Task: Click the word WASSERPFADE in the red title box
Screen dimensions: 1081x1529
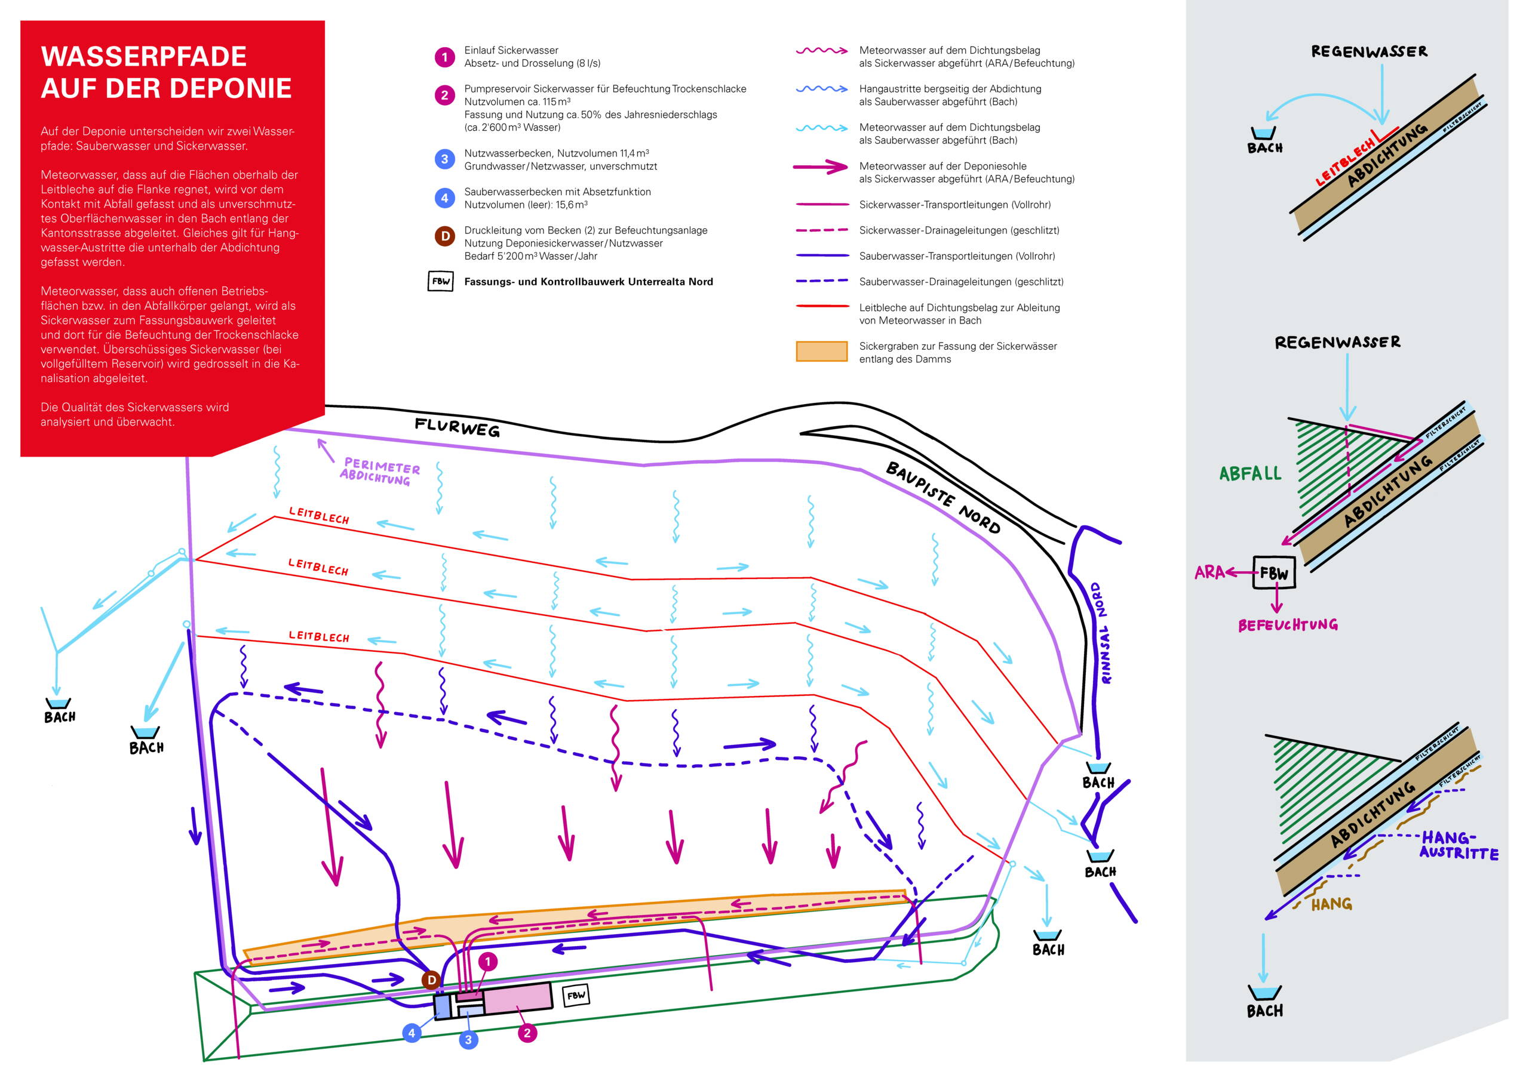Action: tap(143, 57)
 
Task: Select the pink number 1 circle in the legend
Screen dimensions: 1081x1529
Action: tap(444, 57)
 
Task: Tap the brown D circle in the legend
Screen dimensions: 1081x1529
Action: tap(444, 236)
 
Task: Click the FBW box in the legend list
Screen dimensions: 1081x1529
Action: tap(440, 282)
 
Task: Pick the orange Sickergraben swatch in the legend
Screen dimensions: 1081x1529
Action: tap(821, 352)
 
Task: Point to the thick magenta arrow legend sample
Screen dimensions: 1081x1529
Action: tap(821, 167)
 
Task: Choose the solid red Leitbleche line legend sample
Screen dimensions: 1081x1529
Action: tap(822, 307)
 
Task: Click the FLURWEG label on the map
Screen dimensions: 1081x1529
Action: tap(457, 427)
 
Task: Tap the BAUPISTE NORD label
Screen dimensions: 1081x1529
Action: tap(942, 497)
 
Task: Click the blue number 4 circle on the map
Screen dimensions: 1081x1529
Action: tap(412, 1033)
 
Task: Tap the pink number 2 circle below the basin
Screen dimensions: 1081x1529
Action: tap(527, 1033)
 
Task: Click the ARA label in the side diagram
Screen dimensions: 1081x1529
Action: tap(1209, 572)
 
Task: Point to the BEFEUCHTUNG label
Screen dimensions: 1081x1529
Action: tap(1288, 625)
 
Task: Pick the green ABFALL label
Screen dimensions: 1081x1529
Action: tap(1250, 474)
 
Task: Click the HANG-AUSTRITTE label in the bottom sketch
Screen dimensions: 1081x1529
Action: tap(1457, 845)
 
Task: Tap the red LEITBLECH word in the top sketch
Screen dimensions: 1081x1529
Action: tap(1344, 163)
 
